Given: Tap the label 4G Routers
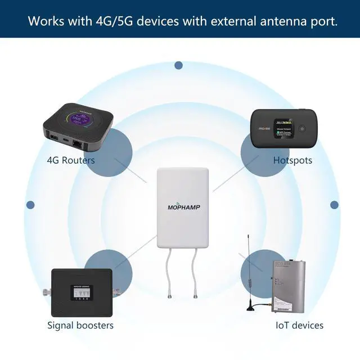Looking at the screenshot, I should [71, 160].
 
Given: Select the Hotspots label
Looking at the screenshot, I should [292, 160].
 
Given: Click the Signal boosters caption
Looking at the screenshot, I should [80, 325].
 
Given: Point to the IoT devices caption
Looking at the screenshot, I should [299, 325].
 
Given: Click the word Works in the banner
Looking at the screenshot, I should [46, 22].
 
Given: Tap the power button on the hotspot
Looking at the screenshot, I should [301, 128].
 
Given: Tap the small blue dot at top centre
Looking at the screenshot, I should [178, 66].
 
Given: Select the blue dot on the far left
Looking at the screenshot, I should [30, 205].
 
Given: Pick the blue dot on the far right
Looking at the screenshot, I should [334, 205].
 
